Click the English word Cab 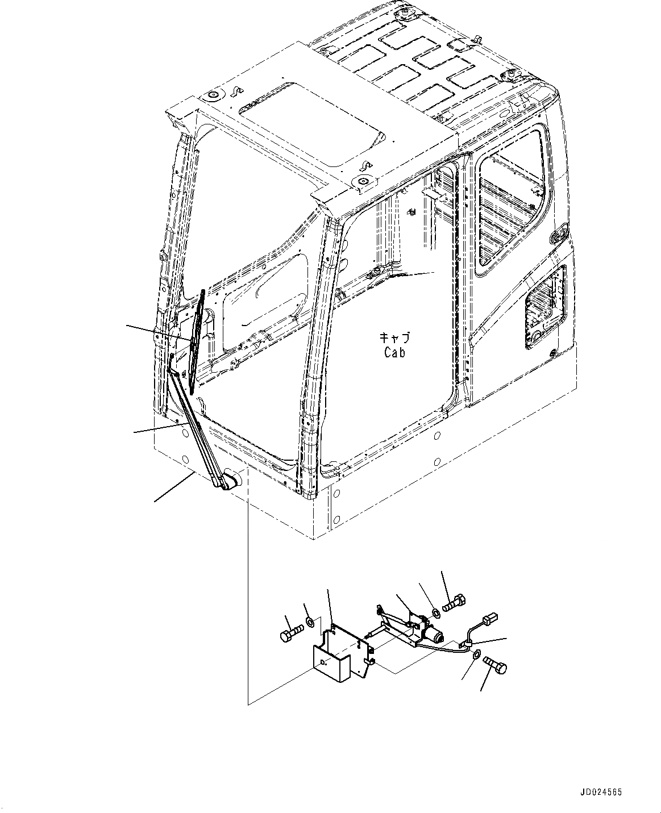click(x=394, y=353)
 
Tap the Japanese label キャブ click(x=394, y=337)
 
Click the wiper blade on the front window click(x=197, y=341)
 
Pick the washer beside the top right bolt click(x=435, y=612)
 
